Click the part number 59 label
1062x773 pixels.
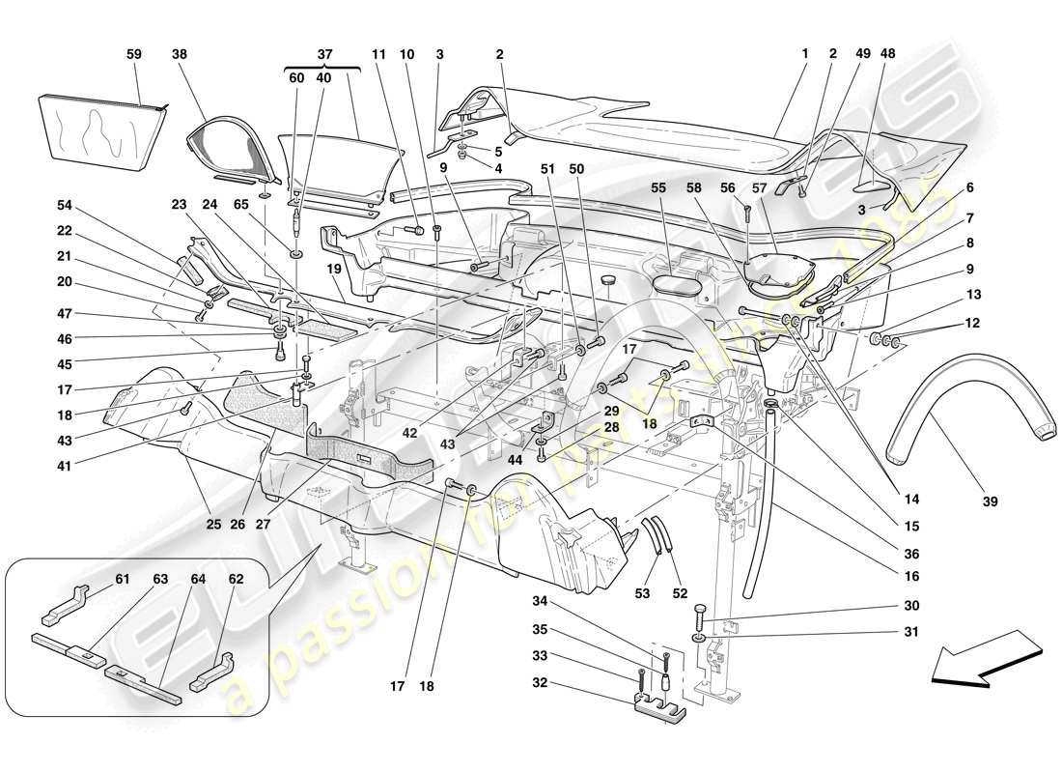134,55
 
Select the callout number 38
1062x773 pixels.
180,55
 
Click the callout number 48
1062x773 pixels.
887,55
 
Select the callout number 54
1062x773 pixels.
64,206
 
